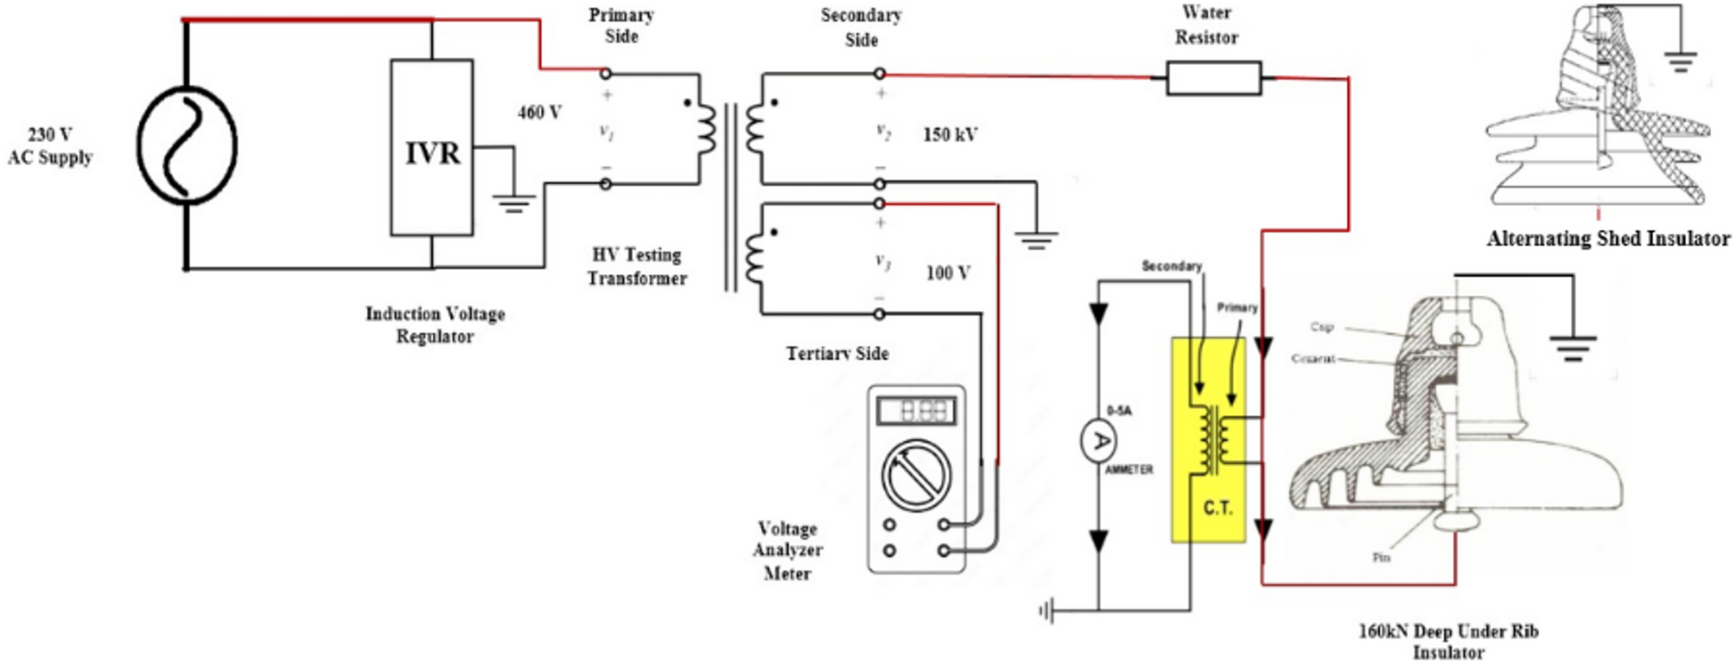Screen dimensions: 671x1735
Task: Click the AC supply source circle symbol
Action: pyautogui.click(x=186, y=145)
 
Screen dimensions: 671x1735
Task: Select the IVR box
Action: pyautogui.click(x=431, y=147)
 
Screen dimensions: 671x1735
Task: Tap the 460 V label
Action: pyautogui.click(x=539, y=113)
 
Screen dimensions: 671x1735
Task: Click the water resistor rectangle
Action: pyautogui.click(x=1214, y=78)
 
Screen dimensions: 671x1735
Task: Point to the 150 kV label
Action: pyautogui.click(x=950, y=135)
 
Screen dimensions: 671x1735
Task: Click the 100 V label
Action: pyautogui.click(x=948, y=273)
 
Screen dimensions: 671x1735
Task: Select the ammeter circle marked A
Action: pyautogui.click(x=1098, y=441)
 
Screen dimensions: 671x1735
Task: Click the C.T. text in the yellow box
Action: pyautogui.click(x=1217, y=508)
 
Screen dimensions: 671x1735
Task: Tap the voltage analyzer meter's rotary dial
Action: pyautogui.click(x=917, y=474)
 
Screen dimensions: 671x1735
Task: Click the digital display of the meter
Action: pyautogui.click(x=917, y=410)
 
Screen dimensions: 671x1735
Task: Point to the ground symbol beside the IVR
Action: pyautogui.click(x=514, y=204)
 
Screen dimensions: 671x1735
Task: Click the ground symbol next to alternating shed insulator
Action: pyautogui.click(x=1680, y=61)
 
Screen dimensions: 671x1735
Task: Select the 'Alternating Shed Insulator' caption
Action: pyautogui.click(x=1608, y=238)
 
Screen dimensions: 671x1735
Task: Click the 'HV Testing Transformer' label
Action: pyautogui.click(x=637, y=266)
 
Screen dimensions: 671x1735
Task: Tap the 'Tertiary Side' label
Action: pyautogui.click(x=837, y=354)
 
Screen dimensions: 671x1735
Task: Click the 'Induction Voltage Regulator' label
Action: pyautogui.click(x=435, y=325)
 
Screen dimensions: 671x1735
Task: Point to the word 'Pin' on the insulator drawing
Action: pyautogui.click(x=1381, y=557)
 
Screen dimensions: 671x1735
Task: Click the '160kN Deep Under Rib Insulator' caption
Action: pyautogui.click(x=1448, y=641)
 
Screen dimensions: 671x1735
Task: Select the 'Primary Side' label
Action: pyautogui.click(x=621, y=25)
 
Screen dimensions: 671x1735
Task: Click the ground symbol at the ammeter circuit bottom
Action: pyautogui.click(x=1046, y=611)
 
